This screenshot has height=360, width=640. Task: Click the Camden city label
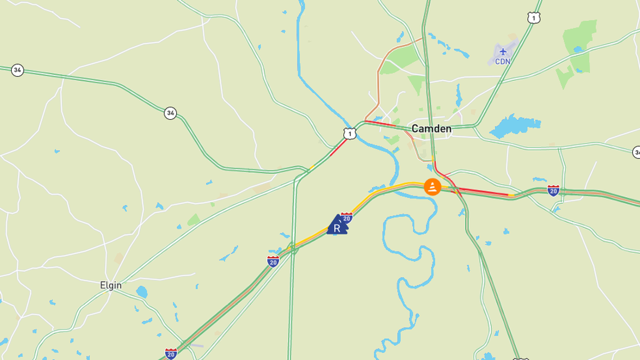tap(431, 129)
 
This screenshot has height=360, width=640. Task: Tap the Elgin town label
tap(111, 285)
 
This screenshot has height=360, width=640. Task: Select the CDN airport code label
tap(502, 61)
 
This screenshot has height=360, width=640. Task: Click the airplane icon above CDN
tap(502, 52)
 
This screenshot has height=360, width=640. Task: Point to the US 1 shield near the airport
tap(534, 18)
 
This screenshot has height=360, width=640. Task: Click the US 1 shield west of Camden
tap(350, 134)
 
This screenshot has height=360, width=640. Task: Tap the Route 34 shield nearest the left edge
tap(17, 70)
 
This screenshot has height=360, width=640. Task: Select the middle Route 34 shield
tap(170, 113)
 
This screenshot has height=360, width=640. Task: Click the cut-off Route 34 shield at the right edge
tap(637, 152)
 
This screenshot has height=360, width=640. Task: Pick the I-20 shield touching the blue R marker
tap(347, 217)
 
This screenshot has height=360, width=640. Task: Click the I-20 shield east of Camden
tap(553, 190)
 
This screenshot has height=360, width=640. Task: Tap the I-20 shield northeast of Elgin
tap(273, 261)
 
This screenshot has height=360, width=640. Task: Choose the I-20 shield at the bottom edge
tap(171, 354)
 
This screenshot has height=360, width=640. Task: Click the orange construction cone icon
tap(432, 186)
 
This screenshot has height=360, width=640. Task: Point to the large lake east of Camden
tap(515, 126)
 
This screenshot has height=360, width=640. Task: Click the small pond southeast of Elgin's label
tap(141, 293)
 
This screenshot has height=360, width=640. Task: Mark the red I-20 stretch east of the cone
tap(483, 193)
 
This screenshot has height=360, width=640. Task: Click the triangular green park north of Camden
tap(417, 84)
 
